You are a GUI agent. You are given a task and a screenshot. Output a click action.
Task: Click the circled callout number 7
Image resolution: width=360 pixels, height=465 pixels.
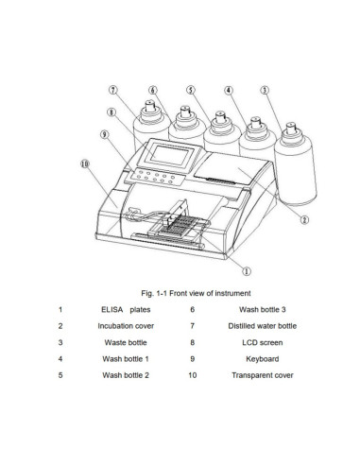click(113, 91)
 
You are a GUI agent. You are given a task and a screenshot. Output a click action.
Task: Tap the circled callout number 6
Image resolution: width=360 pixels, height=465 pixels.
click(152, 91)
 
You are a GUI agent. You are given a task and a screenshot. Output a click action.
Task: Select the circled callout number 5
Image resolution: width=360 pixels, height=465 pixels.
click(191, 91)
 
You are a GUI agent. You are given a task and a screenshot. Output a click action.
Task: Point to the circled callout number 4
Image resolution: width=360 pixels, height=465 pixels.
click(229, 91)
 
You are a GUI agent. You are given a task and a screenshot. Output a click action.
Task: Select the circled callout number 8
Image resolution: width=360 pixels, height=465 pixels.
click(111, 112)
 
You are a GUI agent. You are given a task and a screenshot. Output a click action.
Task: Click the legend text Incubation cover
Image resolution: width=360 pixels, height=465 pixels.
click(125, 325)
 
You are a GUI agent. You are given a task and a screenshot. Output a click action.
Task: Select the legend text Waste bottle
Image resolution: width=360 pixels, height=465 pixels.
click(125, 342)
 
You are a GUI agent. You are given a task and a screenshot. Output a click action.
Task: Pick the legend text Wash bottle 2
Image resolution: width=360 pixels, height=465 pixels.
click(125, 375)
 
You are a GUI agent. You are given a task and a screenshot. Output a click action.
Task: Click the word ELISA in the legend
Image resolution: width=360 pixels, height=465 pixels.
click(113, 309)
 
